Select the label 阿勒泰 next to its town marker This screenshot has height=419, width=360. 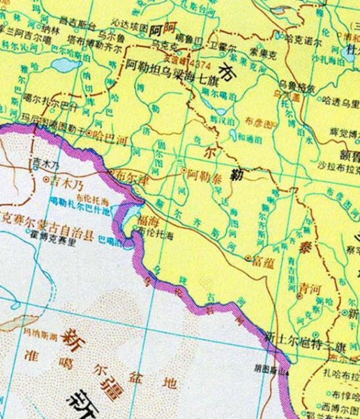(x=203, y=170)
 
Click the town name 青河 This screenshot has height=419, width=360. (x=306, y=286)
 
